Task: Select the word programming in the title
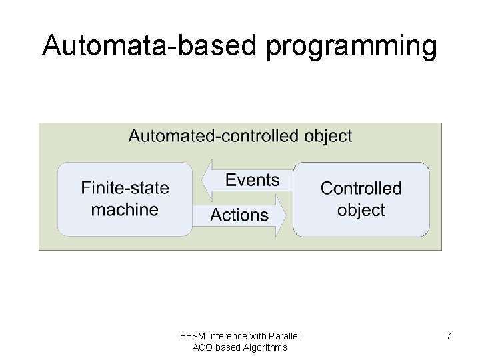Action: click(352, 47)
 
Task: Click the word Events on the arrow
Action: click(252, 180)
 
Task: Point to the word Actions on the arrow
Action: click(239, 215)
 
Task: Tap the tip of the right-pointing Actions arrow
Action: click(288, 215)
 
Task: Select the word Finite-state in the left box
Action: click(125, 188)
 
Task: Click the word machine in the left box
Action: click(125, 209)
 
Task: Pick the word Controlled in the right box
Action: click(361, 188)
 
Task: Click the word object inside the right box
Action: click(361, 210)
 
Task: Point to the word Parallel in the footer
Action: click(285, 335)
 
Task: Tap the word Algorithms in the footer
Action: click(265, 347)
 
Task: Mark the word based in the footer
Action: click(228, 347)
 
